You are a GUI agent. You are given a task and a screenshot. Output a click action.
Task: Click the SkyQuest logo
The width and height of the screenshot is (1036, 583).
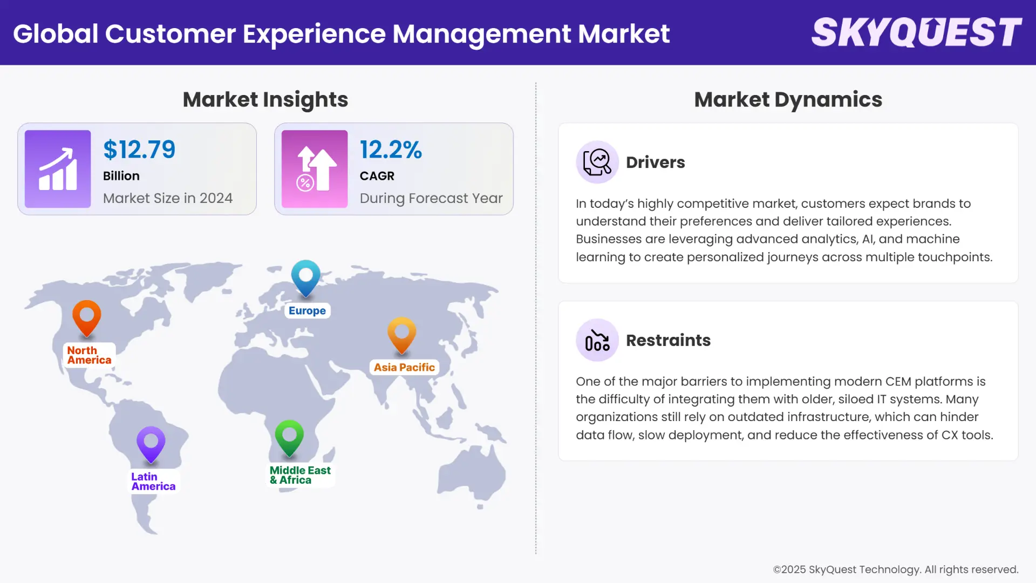[916, 32]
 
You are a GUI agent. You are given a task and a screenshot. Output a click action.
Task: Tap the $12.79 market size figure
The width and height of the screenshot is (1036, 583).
[139, 150]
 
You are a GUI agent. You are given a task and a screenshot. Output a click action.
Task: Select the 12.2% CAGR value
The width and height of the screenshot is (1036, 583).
[391, 150]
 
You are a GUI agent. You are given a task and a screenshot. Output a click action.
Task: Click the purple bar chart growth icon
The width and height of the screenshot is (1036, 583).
[58, 169]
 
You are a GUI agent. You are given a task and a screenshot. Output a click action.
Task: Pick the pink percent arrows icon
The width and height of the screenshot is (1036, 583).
[315, 169]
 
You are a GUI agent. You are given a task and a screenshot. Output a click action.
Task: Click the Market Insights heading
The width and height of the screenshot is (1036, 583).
[265, 99]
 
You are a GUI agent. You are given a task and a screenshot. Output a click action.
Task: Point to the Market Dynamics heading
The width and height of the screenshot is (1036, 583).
[788, 99]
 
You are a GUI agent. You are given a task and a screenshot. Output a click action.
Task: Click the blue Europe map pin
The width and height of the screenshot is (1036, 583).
[306, 277]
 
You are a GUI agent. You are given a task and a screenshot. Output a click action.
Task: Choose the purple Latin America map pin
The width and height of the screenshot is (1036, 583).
[151, 444]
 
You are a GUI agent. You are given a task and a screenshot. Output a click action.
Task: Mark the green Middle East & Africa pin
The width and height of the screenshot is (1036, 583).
[289, 437]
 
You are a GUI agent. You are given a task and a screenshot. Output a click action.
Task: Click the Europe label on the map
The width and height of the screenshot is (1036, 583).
[307, 311]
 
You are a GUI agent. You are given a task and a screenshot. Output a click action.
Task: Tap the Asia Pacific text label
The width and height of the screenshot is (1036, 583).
[404, 368]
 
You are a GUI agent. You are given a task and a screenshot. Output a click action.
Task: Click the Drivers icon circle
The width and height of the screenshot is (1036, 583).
[597, 162]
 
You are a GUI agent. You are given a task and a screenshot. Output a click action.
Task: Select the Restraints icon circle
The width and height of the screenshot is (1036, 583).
[597, 340]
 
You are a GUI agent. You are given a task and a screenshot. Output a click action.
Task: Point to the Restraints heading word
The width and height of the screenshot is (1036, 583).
[668, 340]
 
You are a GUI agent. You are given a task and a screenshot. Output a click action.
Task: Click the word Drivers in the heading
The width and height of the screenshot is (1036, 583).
[655, 162]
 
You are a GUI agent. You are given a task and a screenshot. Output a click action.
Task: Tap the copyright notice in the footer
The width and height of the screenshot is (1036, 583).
[895, 570]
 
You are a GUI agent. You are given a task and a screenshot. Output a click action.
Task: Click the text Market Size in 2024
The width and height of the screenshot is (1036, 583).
[168, 198]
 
